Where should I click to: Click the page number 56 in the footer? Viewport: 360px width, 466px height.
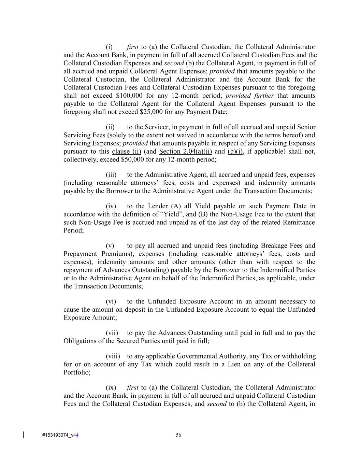pos(178,435)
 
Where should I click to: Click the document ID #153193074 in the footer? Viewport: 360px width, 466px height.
pos(55,435)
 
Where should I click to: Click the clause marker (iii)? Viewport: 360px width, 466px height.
pos(111,175)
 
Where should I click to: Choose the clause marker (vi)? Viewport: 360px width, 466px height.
pos(111,301)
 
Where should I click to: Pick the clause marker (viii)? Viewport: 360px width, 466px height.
pos(113,356)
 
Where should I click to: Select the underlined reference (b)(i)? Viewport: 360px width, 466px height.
pos(235,151)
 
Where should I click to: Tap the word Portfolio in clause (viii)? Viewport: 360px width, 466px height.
pos(77,372)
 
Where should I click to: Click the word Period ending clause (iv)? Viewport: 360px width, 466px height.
pos(73,230)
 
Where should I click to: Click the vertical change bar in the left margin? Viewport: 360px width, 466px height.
pos(23,435)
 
